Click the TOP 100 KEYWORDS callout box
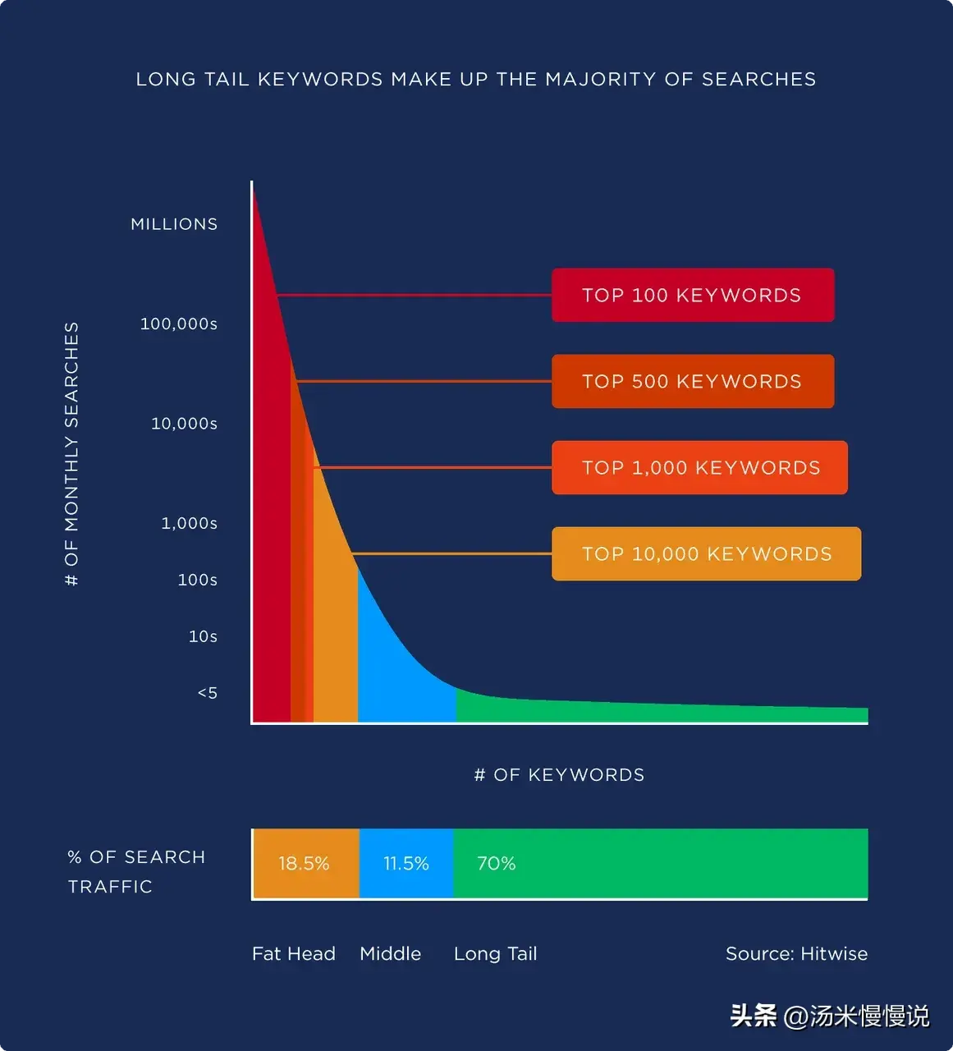[692, 295]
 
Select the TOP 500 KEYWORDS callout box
[692, 381]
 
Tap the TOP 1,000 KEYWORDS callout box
[699, 467]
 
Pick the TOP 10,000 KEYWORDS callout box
[706, 553]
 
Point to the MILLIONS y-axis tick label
[174, 224]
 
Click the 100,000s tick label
[179, 324]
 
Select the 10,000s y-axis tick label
[184, 424]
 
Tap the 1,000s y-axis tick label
[189, 523]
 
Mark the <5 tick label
[208, 693]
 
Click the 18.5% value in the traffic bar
[304, 864]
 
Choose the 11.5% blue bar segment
[406, 864]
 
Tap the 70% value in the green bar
[497, 864]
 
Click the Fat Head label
[294, 954]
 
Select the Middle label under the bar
[390, 954]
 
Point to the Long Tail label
[495, 954]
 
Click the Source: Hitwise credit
[796, 954]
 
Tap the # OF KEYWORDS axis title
[559, 775]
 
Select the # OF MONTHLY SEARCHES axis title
[72, 453]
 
